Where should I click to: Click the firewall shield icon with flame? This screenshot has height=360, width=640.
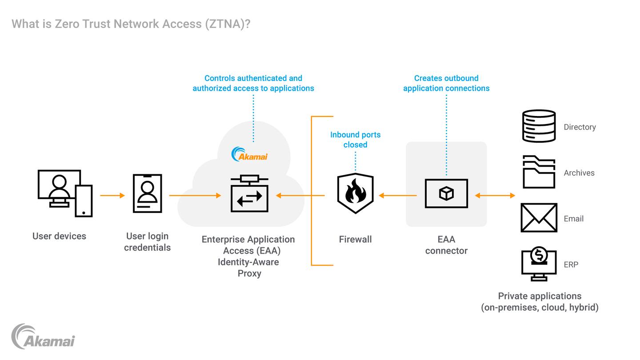(x=355, y=194)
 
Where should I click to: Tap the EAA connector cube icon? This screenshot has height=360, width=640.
(x=446, y=194)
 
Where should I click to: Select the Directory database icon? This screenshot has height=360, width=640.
(x=539, y=126)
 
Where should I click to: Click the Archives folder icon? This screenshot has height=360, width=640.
(x=539, y=172)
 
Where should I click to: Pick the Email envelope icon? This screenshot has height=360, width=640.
(x=539, y=218)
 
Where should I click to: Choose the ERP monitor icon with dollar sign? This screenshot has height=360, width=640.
(x=539, y=264)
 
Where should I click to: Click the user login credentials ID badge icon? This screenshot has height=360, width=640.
(x=147, y=193)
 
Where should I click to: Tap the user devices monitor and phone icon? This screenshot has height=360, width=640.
(x=65, y=193)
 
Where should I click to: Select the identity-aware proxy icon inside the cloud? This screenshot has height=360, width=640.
(x=249, y=194)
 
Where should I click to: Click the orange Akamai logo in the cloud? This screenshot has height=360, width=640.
(x=249, y=154)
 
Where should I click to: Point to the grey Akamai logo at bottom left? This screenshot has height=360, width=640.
(x=43, y=336)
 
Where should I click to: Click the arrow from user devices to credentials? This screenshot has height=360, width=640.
(x=112, y=195)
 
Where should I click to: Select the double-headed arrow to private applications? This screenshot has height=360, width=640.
(x=495, y=195)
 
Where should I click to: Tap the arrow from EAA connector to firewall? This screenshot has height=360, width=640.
(x=398, y=195)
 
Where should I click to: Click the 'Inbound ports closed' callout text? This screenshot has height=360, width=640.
(x=355, y=140)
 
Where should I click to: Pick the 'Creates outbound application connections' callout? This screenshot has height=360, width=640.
(x=446, y=83)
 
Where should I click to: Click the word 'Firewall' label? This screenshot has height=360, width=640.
(x=355, y=240)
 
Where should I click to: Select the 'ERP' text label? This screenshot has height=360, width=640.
(x=571, y=264)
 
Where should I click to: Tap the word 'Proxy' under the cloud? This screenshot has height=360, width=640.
(x=249, y=273)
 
